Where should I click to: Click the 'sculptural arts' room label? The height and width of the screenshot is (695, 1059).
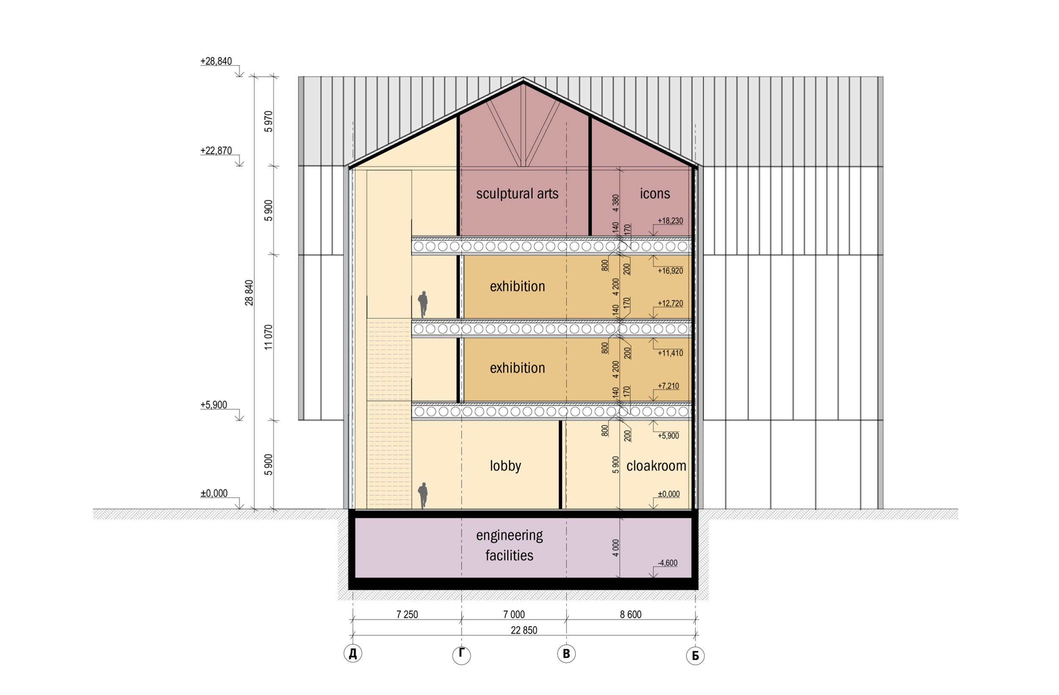[517, 194]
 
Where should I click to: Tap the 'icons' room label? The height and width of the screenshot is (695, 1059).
[654, 194]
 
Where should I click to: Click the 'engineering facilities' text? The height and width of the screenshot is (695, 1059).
[510, 545]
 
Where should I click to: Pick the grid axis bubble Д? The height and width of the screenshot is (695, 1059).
[353, 653]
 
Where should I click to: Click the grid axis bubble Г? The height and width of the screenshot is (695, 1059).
[461, 655]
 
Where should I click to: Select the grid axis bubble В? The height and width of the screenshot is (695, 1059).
[566, 653]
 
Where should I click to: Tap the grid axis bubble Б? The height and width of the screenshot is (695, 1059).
[695, 655]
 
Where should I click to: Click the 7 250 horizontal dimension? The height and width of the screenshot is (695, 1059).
[407, 615]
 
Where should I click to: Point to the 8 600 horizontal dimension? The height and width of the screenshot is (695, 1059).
[630, 615]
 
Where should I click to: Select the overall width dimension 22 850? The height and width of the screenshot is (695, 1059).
[524, 630]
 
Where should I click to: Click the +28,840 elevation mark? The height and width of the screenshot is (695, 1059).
[216, 61]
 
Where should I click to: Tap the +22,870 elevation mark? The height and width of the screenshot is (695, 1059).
[216, 151]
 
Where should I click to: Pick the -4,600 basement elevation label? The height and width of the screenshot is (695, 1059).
[668, 563]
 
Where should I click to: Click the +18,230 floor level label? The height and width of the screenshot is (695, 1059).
[670, 221]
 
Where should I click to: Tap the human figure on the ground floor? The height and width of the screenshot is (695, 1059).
[423, 495]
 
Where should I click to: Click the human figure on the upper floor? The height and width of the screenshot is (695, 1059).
[423, 305]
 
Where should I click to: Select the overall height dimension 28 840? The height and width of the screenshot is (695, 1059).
[249, 293]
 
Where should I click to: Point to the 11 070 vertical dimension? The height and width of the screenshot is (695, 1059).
[268, 337]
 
